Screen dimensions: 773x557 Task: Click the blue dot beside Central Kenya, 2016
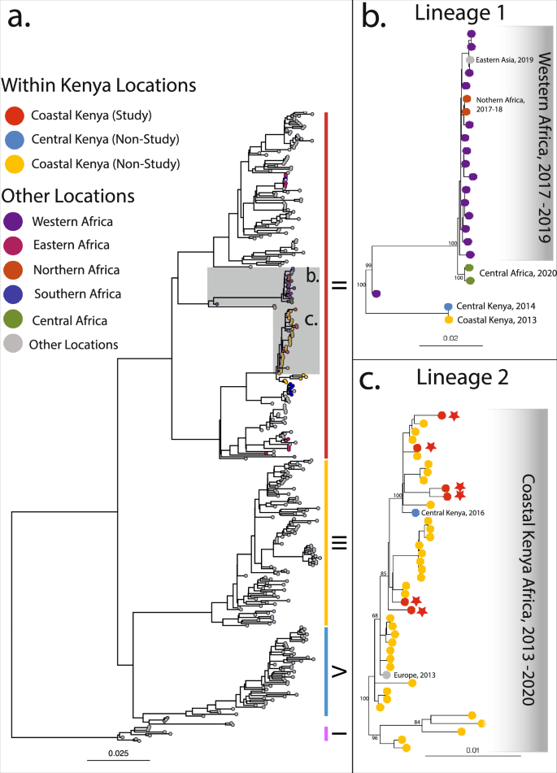coord(416,513)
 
